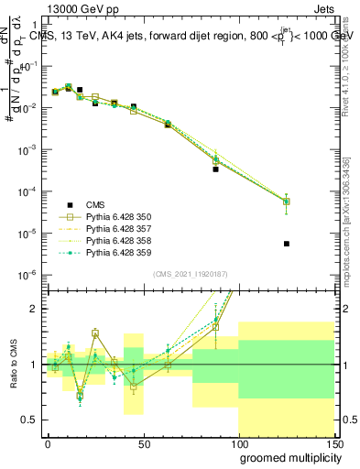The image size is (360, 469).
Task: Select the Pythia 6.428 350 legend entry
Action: point(115,217)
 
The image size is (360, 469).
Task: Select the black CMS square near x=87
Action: point(216,169)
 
